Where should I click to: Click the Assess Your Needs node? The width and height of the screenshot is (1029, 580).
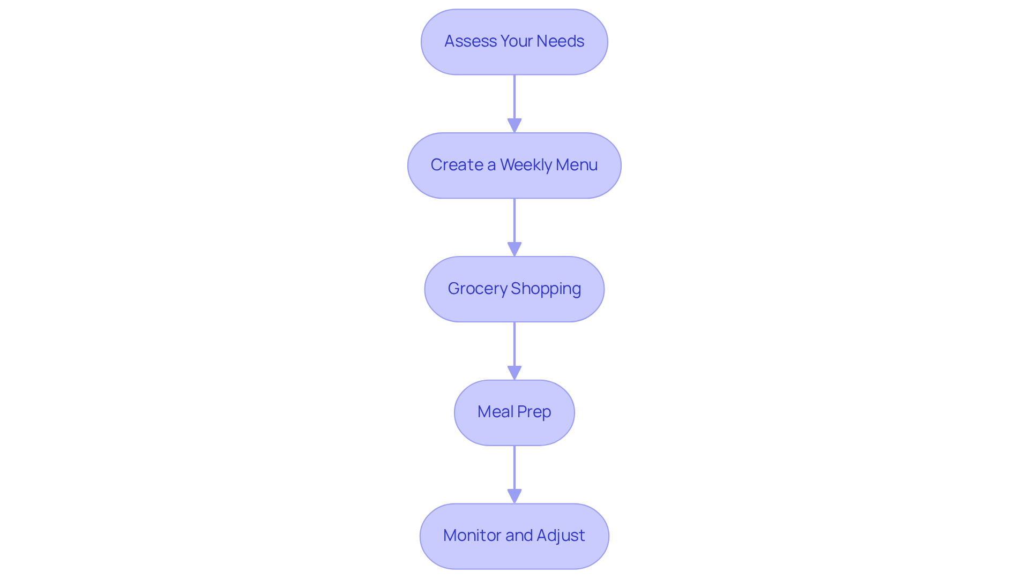[x=514, y=42]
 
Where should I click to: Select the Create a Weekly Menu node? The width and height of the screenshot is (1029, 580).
[x=514, y=165]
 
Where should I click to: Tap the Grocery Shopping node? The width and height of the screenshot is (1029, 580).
[x=514, y=289]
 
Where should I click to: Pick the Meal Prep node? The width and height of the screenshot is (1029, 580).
[x=514, y=413]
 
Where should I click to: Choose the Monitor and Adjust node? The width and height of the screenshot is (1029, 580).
[x=514, y=536]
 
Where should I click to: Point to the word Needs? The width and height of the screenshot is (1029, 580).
[x=560, y=41]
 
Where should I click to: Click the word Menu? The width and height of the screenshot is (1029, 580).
[x=577, y=165]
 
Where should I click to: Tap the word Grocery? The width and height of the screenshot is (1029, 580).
[x=477, y=289]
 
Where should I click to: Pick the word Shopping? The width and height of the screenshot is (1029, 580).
[x=546, y=289]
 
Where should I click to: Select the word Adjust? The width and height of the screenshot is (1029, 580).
[x=561, y=536]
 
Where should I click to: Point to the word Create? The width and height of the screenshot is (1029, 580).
[x=457, y=165]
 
